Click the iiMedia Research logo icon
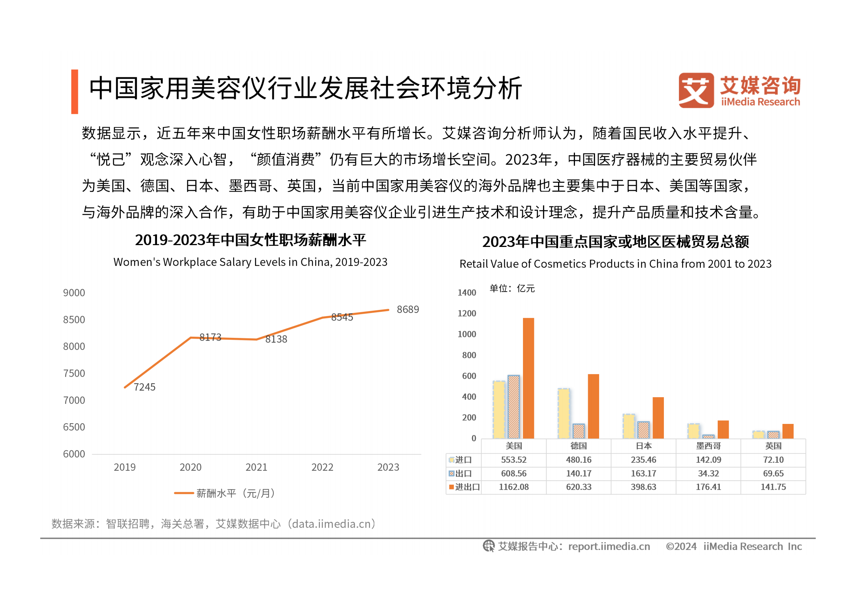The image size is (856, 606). (x=696, y=90)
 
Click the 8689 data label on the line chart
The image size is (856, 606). (x=407, y=309)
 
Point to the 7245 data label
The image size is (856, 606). (x=144, y=387)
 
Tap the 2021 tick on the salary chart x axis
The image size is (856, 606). (x=256, y=467)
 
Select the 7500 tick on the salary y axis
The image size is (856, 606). (x=74, y=373)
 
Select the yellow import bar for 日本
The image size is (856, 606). (x=629, y=426)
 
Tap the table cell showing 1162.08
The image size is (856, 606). (x=513, y=487)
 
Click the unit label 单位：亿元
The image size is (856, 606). (x=512, y=288)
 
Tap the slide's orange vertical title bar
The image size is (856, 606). (x=75, y=92)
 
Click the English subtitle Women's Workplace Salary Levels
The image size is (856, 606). (x=250, y=262)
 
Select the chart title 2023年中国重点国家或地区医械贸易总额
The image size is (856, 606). (x=616, y=242)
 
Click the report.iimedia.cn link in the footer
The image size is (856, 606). (x=609, y=546)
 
